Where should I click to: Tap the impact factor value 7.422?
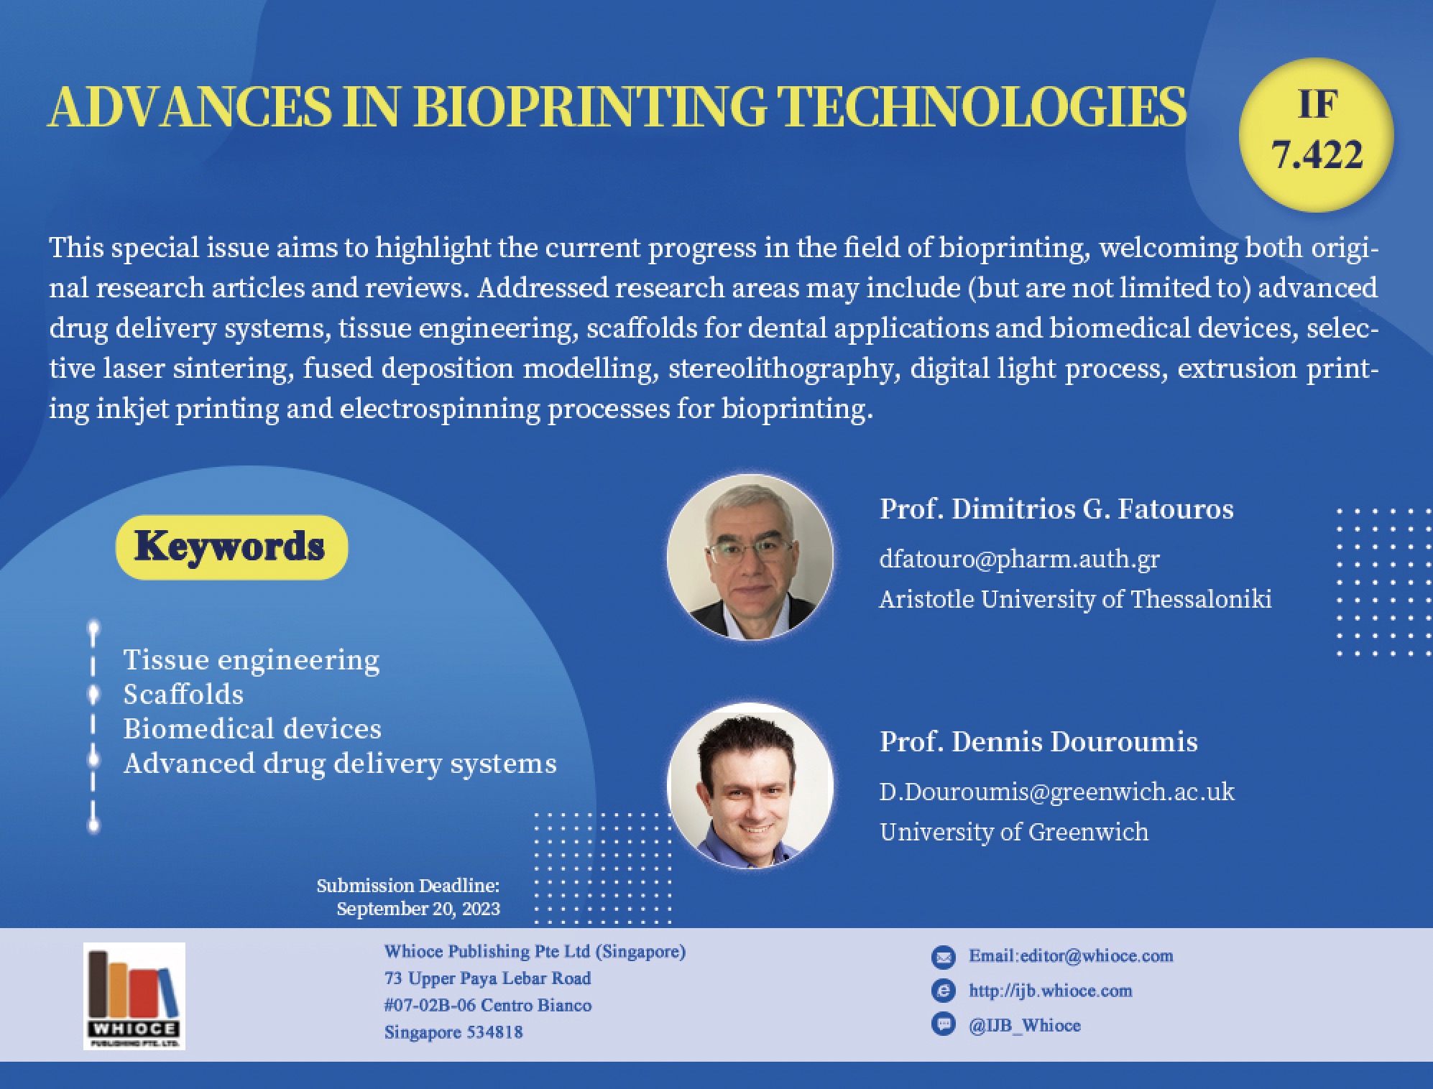[x=1317, y=154]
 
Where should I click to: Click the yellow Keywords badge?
[x=231, y=547]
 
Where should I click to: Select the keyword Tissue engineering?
[x=252, y=660]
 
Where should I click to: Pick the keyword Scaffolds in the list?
[x=183, y=694]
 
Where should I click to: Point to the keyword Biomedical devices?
[x=252, y=728]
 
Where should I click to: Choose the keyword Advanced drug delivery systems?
[x=340, y=763]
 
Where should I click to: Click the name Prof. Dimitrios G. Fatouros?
[x=1056, y=509]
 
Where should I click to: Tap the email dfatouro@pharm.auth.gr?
[x=1019, y=559]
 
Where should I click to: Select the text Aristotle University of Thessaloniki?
[x=1075, y=599]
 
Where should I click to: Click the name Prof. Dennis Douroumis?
[x=1038, y=741]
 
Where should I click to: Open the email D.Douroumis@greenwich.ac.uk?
[x=1056, y=792]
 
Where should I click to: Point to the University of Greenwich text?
[x=1013, y=832]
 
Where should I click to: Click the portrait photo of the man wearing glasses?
[x=750, y=557]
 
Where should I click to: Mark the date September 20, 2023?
[x=418, y=909]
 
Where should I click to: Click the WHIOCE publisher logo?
[x=134, y=996]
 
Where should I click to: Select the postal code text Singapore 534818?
[x=453, y=1032]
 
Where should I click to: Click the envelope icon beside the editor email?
[x=943, y=957]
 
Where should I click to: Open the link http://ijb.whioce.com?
[x=1050, y=991]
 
